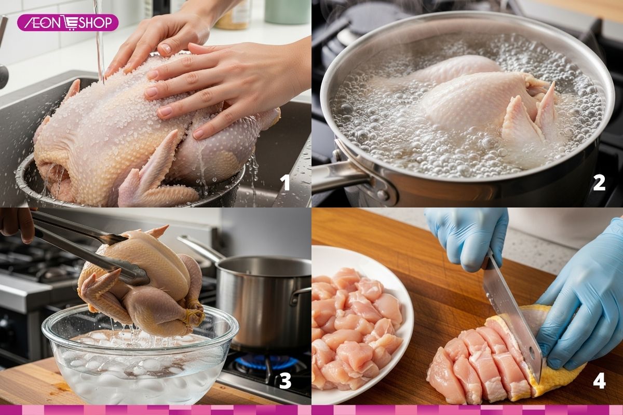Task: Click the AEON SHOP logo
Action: click(x=67, y=22)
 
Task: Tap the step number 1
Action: click(x=285, y=183)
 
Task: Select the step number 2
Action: click(x=599, y=182)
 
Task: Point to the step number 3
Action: click(x=285, y=381)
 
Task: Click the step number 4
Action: click(x=599, y=381)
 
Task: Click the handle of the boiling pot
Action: click(x=337, y=179)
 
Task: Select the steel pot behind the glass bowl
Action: click(x=265, y=301)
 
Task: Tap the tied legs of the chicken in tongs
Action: click(x=195, y=311)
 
